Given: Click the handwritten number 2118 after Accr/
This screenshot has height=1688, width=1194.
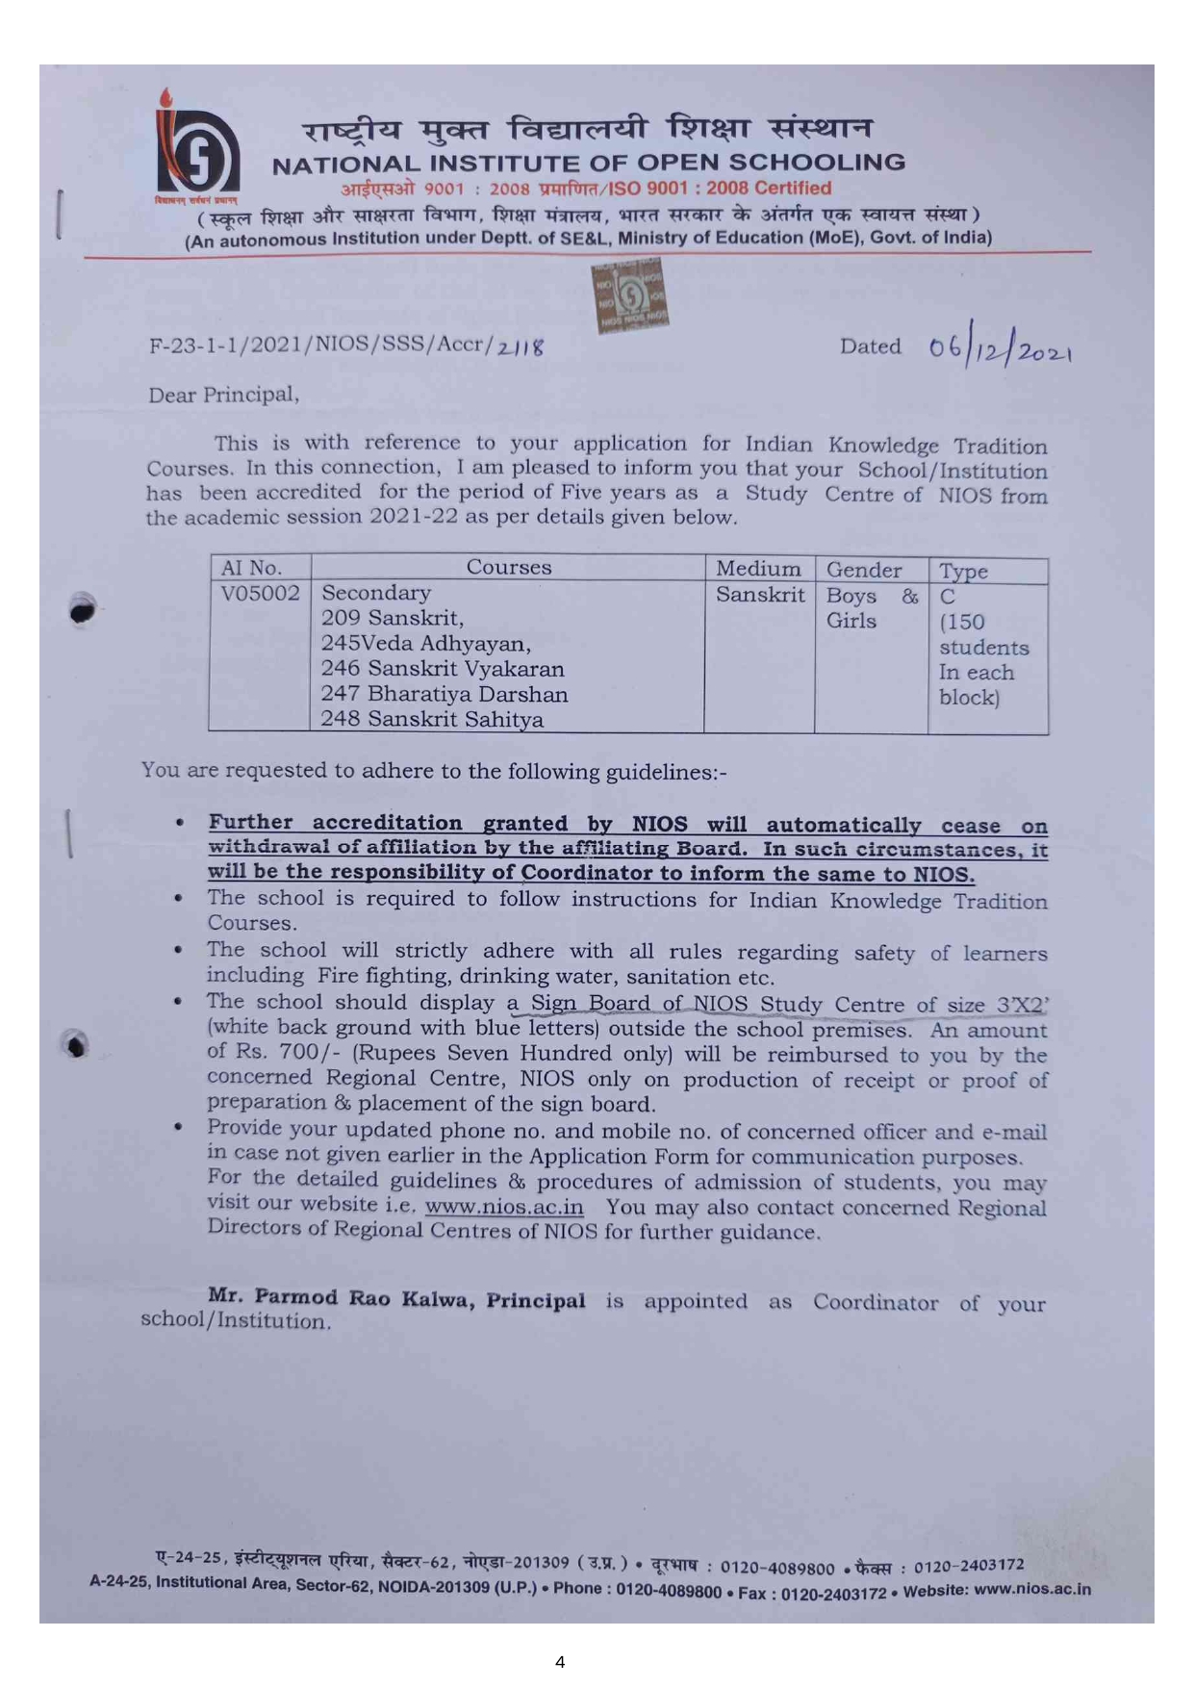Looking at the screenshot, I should (521, 346).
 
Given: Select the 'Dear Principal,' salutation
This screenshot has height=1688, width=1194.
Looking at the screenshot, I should (223, 395).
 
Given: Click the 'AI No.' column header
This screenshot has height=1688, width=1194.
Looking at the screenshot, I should (251, 568).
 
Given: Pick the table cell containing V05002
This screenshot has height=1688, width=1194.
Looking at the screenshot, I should (260, 593).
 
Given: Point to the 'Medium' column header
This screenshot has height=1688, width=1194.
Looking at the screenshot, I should (758, 569).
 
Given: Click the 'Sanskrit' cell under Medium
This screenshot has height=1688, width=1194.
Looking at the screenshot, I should (760, 595).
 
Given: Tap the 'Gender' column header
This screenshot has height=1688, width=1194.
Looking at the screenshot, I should (864, 571).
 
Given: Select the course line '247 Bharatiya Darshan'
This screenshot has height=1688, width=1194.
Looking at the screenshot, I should (444, 694).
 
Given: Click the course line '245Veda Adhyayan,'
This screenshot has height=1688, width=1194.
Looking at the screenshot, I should (425, 643).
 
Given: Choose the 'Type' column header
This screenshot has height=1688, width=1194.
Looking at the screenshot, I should (963, 572).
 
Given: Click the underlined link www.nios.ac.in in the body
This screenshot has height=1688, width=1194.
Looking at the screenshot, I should (504, 1207).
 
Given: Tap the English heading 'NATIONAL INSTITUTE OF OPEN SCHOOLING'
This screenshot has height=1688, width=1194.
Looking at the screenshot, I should (589, 164).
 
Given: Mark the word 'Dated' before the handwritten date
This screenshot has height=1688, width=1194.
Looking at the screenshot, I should (870, 346).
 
